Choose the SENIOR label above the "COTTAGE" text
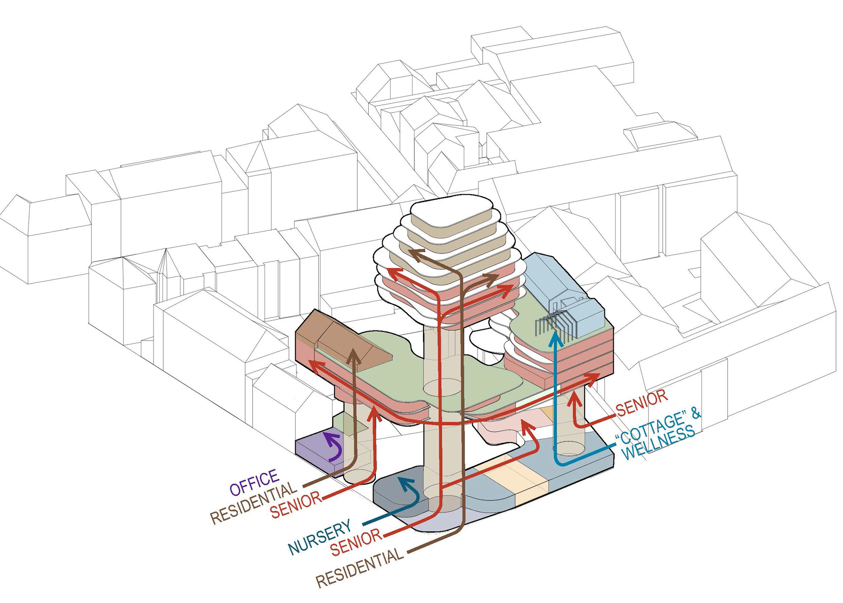[x=642, y=403]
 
